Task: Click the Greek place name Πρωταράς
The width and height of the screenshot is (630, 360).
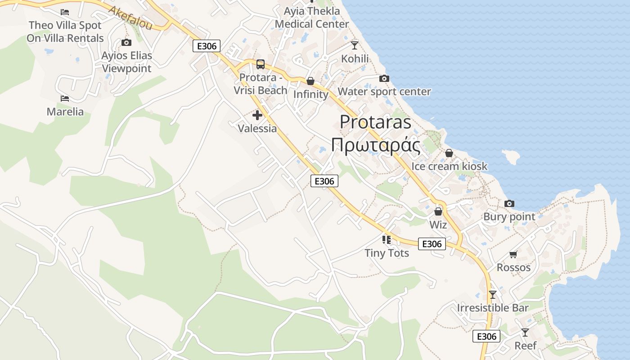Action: coord(376,145)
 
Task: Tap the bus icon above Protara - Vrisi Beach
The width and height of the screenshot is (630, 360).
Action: coord(260,64)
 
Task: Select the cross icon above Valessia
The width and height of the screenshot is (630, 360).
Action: coord(257,115)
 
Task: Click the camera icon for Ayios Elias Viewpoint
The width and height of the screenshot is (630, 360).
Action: coord(126,43)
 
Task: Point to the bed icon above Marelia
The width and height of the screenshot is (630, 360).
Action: coord(65,99)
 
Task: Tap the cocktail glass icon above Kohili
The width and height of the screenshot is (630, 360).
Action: coord(355,45)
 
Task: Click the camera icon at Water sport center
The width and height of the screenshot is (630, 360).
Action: coord(384,79)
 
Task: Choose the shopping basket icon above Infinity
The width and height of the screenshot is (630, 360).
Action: coord(310,81)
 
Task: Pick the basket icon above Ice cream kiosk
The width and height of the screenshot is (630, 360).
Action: coord(449,153)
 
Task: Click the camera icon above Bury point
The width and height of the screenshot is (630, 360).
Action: coord(509,204)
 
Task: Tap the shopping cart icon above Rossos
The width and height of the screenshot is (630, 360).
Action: coord(513,255)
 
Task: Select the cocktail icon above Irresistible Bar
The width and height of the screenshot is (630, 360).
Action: coord(493,295)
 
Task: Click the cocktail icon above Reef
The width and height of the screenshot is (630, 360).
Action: coord(525,333)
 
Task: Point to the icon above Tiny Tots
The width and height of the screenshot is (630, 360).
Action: coord(387,239)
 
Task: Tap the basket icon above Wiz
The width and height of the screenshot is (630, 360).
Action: coord(438,211)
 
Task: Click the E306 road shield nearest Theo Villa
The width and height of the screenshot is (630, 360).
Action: coord(207,46)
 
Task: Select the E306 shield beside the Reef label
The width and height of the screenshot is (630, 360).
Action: coord(486,336)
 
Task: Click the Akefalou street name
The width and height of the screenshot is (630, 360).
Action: coord(130,18)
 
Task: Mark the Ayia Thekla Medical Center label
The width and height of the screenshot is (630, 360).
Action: coord(312,18)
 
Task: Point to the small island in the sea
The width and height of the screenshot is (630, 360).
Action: coord(511,157)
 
